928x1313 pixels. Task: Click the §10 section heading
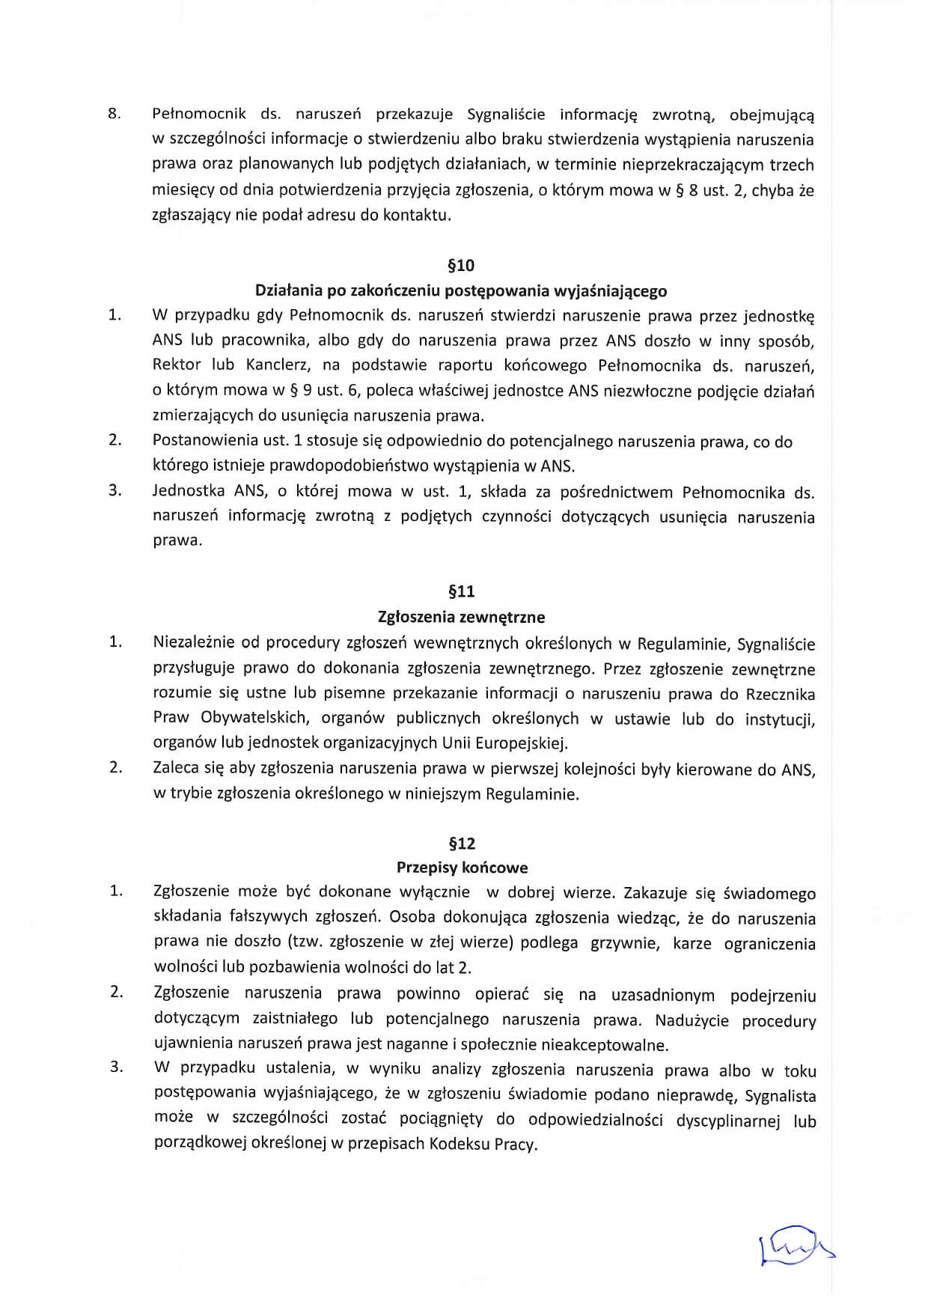[461, 266]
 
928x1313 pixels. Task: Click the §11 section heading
[461, 592]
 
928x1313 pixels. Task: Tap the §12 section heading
[461, 844]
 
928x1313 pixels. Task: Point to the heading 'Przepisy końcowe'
[462, 868]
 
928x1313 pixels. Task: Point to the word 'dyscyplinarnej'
[728, 1121]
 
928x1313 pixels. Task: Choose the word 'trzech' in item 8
[792, 165]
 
